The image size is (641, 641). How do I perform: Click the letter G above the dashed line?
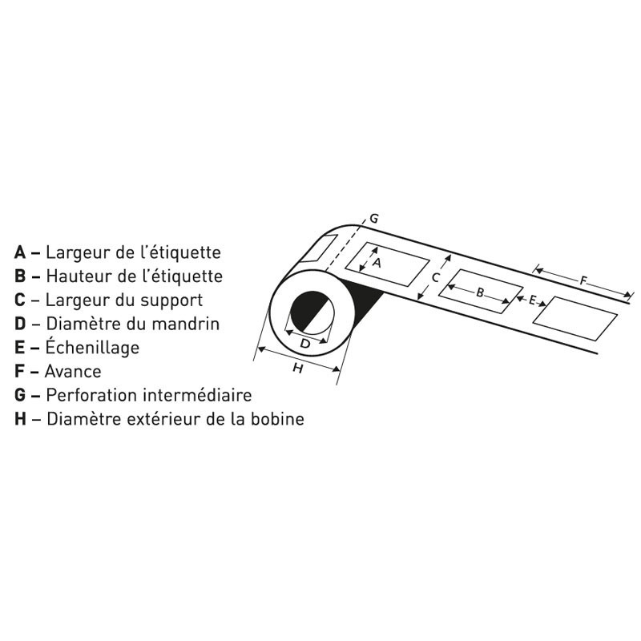(x=373, y=219)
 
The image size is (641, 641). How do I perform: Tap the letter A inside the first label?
(x=377, y=263)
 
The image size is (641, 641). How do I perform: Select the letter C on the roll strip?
(x=435, y=278)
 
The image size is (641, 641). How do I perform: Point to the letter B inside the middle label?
(x=480, y=292)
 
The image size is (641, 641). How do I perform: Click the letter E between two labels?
(x=532, y=300)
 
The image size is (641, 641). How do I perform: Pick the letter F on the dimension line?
(x=583, y=281)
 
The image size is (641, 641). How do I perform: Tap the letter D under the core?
(x=305, y=344)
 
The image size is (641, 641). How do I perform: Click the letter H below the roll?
(x=298, y=369)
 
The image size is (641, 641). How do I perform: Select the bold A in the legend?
(x=20, y=252)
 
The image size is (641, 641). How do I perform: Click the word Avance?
(x=73, y=372)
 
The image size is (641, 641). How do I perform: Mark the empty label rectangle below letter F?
(x=574, y=318)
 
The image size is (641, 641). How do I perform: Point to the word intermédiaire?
(x=198, y=395)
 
